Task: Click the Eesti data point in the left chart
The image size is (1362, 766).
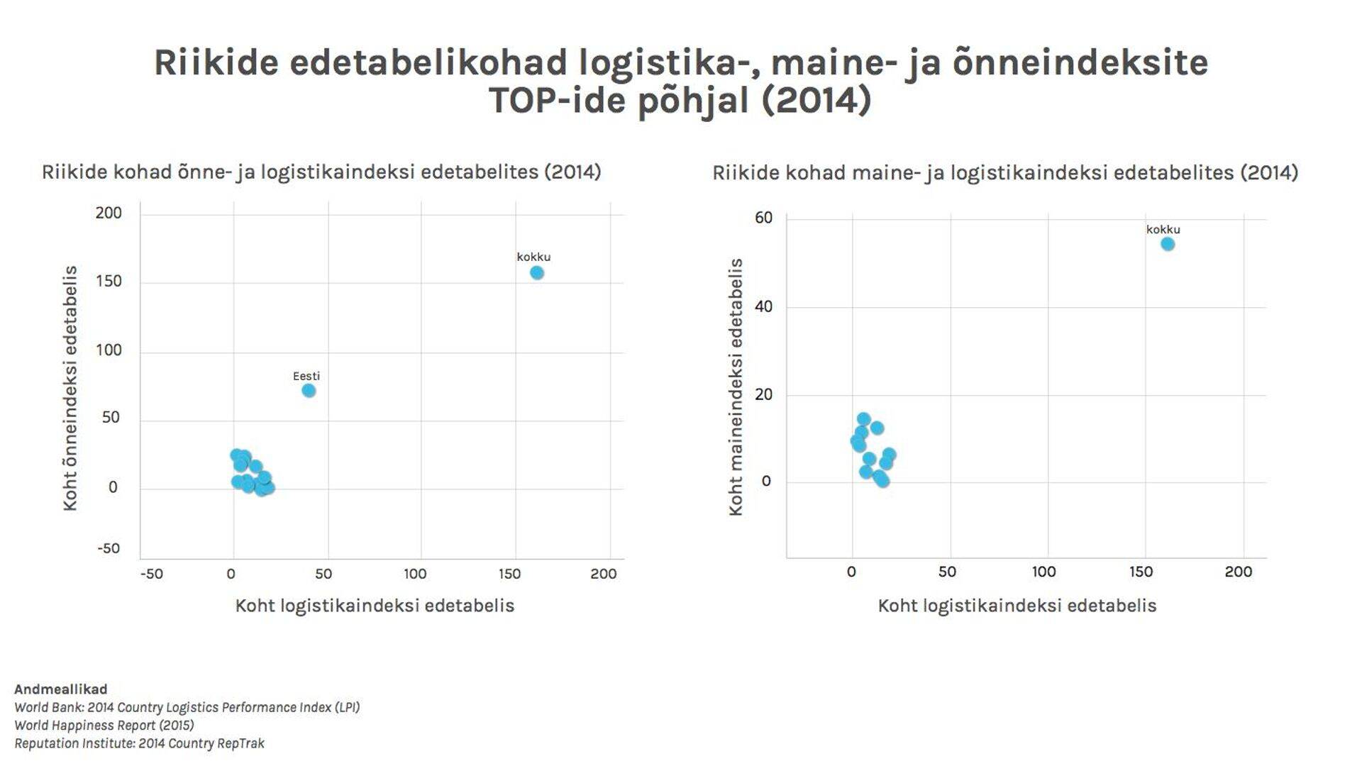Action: pyautogui.click(x=309, y=391)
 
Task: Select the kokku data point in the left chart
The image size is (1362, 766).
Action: pyautogui.click(x=537, y=273)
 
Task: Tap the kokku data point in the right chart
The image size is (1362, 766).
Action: pyautogui.click(x=1168, y=245)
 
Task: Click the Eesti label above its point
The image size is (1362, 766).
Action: pyautogui.click(x=306, y=377)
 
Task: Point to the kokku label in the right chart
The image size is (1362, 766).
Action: pyautogui.click(x=1163, y=230)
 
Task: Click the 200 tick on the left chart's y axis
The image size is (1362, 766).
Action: pyautogui.click(x=109, y=213)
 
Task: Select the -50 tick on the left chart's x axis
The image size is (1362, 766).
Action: pyautogui.click(x=151, y=574)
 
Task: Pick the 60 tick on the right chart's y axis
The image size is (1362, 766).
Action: pyautogui.click(x=763, y=218)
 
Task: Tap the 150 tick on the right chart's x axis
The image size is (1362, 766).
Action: pyautogui.click(x=1141, y=572)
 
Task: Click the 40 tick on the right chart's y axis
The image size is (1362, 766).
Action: pyautogui.click(x=763, y=307)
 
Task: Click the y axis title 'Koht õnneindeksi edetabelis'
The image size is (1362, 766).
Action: pyautogui.click(x=70, y=388)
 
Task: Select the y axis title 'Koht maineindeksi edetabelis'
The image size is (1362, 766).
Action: pyautogui.click(x=736, y=387)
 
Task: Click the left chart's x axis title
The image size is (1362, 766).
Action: pyautogui.click(x=375, y=606)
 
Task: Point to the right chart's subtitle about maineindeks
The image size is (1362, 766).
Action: pyautogui.click(x=1005, y=173)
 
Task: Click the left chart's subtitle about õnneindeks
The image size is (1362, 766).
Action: pyautogui.click(x=321, y=172)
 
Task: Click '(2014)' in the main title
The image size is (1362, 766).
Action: pyautogui.click(x=816, y=100)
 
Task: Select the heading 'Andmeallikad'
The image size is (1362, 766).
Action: pyautogui.click(x=61, y=689)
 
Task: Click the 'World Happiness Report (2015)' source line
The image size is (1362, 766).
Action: pyautogui.click(x=104, y=726)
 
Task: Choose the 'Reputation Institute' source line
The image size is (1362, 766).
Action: pyautogui.click(x=139, y=743)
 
